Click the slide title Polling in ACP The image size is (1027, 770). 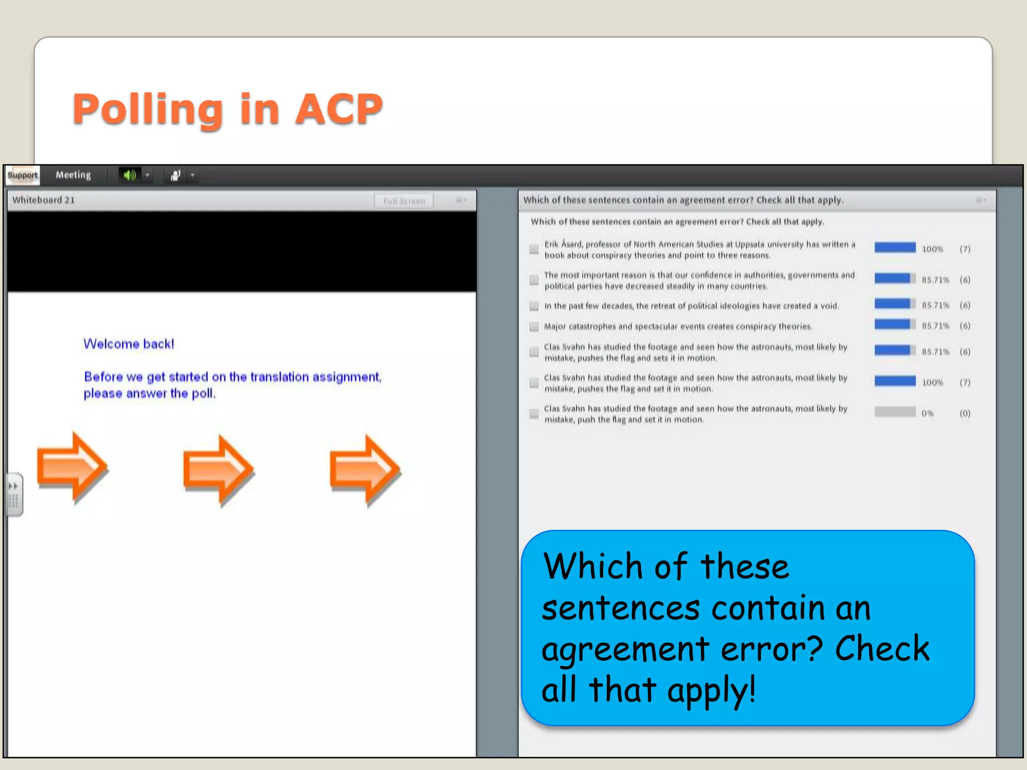[228, 109]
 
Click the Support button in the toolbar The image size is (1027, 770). [23, 175]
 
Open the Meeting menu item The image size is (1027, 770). [73, 175]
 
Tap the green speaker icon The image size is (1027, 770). [130, 175]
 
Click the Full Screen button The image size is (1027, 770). [404, 201]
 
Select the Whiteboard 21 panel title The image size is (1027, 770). [44, 200]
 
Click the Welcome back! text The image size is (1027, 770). [129, 344]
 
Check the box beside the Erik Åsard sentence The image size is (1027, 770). [534, 249]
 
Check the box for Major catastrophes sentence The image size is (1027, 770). [534, 327]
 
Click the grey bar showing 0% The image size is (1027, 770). [895, 412]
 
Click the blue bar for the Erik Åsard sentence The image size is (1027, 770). [895, 248]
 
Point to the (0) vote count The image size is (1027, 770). [965, 414]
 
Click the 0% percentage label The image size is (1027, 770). [927, 414]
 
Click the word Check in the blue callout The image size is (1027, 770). [882, 649]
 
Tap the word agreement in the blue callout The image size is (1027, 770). [625, 649]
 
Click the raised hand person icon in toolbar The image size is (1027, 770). [176, 175]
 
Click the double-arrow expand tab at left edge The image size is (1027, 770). [14, 487]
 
